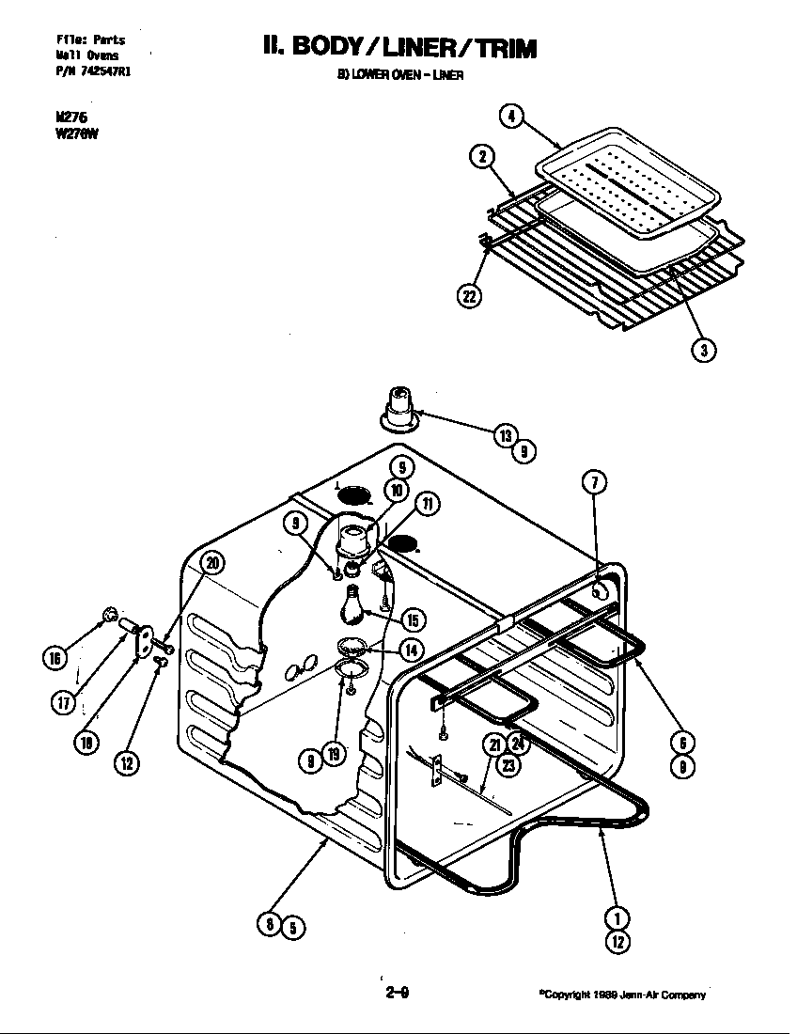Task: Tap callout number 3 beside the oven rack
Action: point(703,350)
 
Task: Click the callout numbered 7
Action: point(594,483)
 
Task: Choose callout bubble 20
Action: point(212,564)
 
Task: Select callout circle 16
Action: point(55,657)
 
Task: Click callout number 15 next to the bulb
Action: point(411,619)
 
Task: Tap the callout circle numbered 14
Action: point(411,649)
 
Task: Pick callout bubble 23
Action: point(508,765)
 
